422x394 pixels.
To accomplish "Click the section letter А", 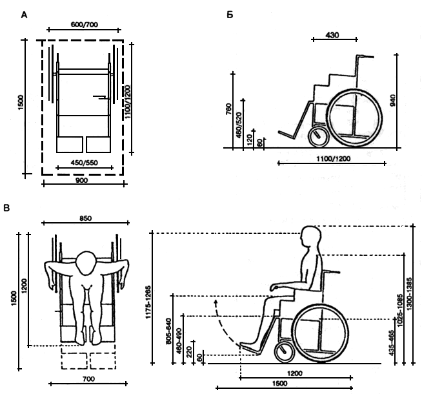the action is pos(25,15).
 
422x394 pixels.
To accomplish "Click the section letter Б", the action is pos(230,15).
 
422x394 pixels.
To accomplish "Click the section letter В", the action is pos(6,208).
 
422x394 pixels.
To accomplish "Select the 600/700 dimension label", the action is pos(85,25).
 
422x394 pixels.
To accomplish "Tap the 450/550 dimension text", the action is pos(85,163).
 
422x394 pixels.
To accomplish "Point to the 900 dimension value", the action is pos(82,180).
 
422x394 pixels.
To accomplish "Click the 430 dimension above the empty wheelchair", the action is pos(332,35).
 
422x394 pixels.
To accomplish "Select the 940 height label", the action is pos(393,100).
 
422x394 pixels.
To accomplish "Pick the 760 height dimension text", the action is pos(228,109).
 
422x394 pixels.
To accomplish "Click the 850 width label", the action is pos(86,218).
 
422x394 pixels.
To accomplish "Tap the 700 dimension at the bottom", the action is pos(88,379).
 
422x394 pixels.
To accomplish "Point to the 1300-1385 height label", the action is pos(409,294).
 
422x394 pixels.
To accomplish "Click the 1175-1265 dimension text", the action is pos(148,302).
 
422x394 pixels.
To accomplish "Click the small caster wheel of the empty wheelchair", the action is pos(318,137).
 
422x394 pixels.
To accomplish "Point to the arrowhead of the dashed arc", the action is pos(216,301).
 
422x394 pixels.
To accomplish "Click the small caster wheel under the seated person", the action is pos(285,353).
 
